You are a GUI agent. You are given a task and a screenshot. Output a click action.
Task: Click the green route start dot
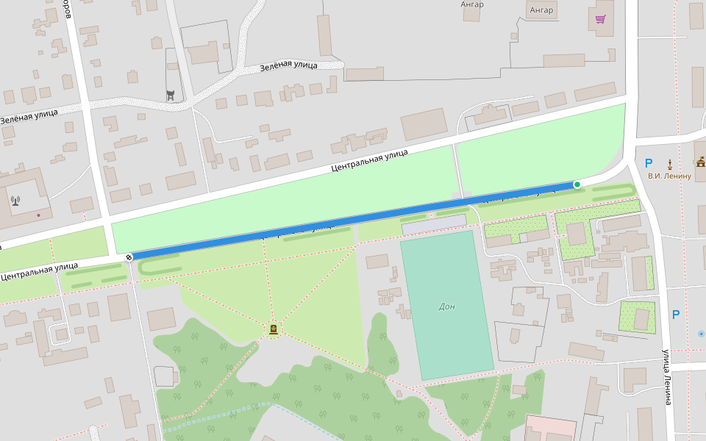click(x=577, y=184)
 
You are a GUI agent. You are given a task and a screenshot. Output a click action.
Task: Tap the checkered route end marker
click(x=129, y=257)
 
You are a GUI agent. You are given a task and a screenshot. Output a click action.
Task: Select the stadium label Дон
click(x=446, y=306)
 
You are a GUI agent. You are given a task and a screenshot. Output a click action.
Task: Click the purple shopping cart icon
click(x=601, y=19)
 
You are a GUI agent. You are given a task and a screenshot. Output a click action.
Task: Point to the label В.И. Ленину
click(x=669, y=176)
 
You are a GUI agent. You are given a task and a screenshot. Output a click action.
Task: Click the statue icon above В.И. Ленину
click(x=670, y=162)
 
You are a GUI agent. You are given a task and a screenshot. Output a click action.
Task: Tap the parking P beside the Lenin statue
click(x=648, y=163)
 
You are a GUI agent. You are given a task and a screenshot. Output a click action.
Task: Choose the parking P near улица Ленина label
click(x=675, y=315)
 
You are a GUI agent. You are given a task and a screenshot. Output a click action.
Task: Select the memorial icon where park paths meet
click(x=274, y=330)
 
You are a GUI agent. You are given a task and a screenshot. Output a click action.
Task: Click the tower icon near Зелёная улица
click(x=171, y=94)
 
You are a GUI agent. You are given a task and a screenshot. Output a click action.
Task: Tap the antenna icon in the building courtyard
click(x=15, y=199)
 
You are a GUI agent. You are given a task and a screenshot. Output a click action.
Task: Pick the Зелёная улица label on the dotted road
click(x=288, y=66)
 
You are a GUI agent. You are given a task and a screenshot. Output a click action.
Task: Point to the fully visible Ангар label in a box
click(x=541, y=10)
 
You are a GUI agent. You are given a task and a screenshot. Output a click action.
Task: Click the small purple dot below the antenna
click(x=38, y=215)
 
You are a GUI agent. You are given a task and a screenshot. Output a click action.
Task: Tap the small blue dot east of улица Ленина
click(x=700, y=334)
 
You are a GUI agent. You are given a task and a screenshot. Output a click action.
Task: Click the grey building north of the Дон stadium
click(x=434, y=224)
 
